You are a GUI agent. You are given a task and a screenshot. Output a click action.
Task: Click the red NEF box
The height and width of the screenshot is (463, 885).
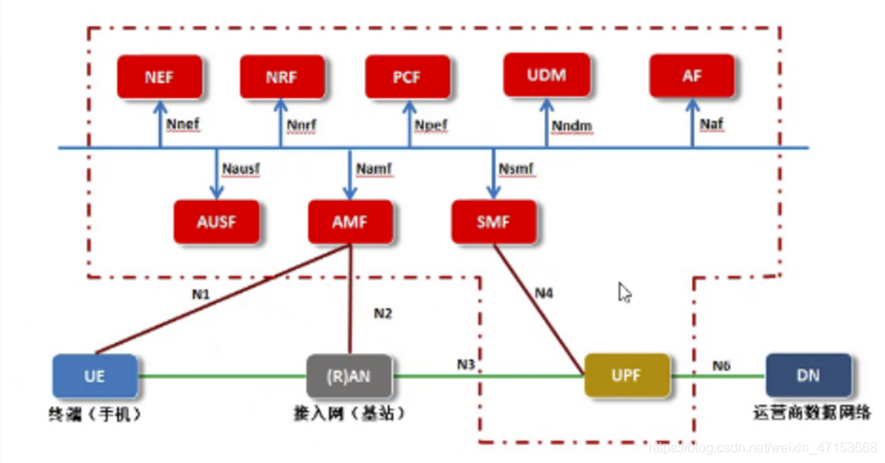pyautogui.click(x=159, y=77)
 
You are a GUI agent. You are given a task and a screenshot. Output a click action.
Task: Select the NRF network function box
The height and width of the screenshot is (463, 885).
pyautogui.click(x=282, y=77)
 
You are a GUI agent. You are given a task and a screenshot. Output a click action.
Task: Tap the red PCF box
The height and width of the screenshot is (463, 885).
pyautogui.click(x=407, y=77)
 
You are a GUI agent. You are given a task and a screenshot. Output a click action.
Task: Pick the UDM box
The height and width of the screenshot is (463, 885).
pyautogui.click(x=546, y=75)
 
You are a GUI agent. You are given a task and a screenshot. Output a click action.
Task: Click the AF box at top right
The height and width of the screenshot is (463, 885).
pyautogui.click(x=692, y=76)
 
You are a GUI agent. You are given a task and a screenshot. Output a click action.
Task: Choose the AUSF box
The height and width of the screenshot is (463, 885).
pyautogui.click(x=216, y=222)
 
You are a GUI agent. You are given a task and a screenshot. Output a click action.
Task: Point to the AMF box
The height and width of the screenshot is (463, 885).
pyautogui.click(x=350, y=222)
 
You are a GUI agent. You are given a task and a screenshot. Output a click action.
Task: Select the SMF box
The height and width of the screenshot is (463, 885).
pyautogui.click(x=493, y=222)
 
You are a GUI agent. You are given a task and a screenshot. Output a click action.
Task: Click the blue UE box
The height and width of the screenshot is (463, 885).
pyautogui.click(x=94, y=375)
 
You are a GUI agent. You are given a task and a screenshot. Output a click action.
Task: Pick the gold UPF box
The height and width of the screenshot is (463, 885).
pyautogui.click(x=627, y=375)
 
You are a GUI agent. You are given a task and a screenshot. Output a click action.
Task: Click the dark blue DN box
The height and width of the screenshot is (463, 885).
pyautogui.click(x=808, y=375)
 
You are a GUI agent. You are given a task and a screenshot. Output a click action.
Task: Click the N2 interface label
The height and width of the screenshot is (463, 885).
pyautogui.click(x=383, y=313)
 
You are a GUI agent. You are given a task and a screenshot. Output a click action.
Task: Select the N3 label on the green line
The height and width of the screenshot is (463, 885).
pyautogui.click(x=466, y=364)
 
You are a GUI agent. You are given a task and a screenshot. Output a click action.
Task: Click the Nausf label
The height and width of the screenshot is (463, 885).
pyautogui.click(x=241, y=169)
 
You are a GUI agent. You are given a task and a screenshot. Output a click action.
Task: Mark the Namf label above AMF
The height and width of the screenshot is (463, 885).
pyautogui.click(x=372, y=169)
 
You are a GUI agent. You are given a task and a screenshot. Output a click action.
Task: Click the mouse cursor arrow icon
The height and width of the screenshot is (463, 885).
pyautogui.click(x=624, y=292)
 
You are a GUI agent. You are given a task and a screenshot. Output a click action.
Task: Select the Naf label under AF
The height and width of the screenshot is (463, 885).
pyautogui.click(x=711, y=124)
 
